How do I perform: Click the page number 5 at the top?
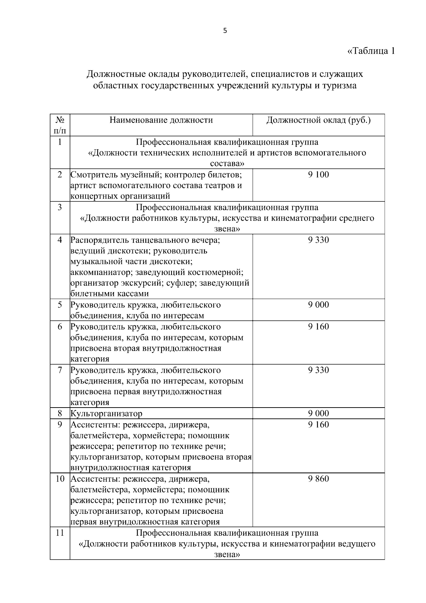[x=225, y=31]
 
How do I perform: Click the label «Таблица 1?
[x=371, y=51]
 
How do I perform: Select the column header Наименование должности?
[x=161, y=120]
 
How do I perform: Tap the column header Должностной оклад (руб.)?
[x=318, y=120]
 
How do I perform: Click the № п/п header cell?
[x=60, y=125]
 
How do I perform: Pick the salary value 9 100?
[x=318, y=174]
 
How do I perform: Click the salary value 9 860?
[x=318, y=479]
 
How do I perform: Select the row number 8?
[x=60, y=413]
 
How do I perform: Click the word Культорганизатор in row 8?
[x=106, y=414]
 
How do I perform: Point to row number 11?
[x=60, y=533]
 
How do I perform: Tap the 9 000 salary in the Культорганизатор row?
[x=318, y=413]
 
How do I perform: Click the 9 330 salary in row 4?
[x=318, y=240]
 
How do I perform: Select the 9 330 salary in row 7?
[x=318, y=370]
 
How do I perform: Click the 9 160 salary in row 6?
[x=318, y=327]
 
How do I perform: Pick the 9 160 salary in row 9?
[x=318, y=425]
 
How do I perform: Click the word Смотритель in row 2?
[x=94, y=175]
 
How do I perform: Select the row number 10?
[x=60, y=479]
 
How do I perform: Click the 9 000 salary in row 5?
[x=318, y=305]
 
